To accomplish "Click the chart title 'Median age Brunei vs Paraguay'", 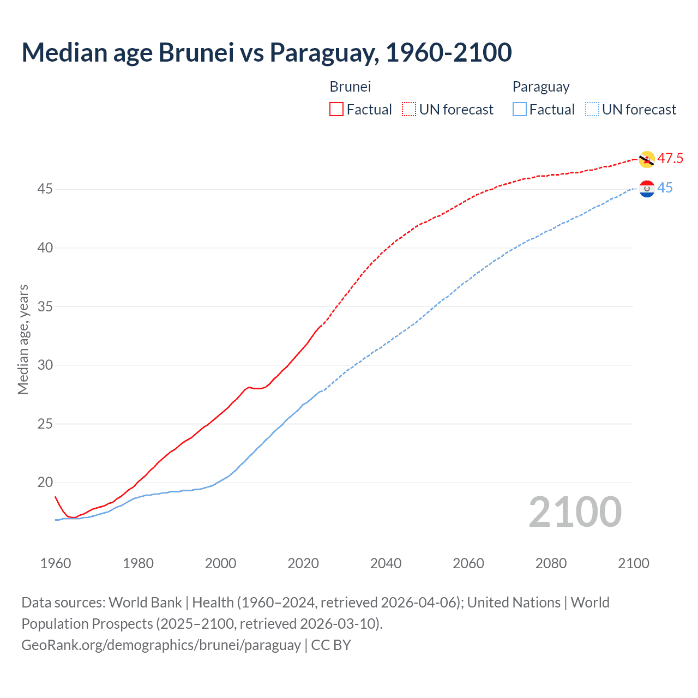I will click(x=266, y=52).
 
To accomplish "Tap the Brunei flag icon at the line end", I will click(x=647, y=159).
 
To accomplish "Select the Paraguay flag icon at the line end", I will click(x=647, y=189).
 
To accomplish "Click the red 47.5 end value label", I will click(x=670, y=159).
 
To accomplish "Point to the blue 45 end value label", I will click(x=665, y=188).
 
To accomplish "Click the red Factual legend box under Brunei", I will click(x=336, y=110).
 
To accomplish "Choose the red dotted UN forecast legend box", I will click(x=409, y=110).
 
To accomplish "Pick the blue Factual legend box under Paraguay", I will click(x=520, y=110).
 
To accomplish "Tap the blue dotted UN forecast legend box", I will click(x=592, y=110).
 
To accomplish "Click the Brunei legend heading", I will click(x=350, y=87).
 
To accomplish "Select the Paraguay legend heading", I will click(x=540, y=87).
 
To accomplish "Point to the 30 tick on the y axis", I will click(x=45, y=365).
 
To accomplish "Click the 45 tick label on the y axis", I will click(x=45, y=189).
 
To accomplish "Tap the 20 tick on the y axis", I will click(x=45, y=483).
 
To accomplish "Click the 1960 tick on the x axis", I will click(x=56, y=563).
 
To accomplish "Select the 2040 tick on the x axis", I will click(x=386, y=563).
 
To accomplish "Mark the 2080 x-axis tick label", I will click(x=551, y=563).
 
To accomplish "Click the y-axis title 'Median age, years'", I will click(x=23, y=339).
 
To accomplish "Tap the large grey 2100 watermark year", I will click(x=575, y=512).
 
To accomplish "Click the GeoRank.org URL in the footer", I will click(x=161, y=645).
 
